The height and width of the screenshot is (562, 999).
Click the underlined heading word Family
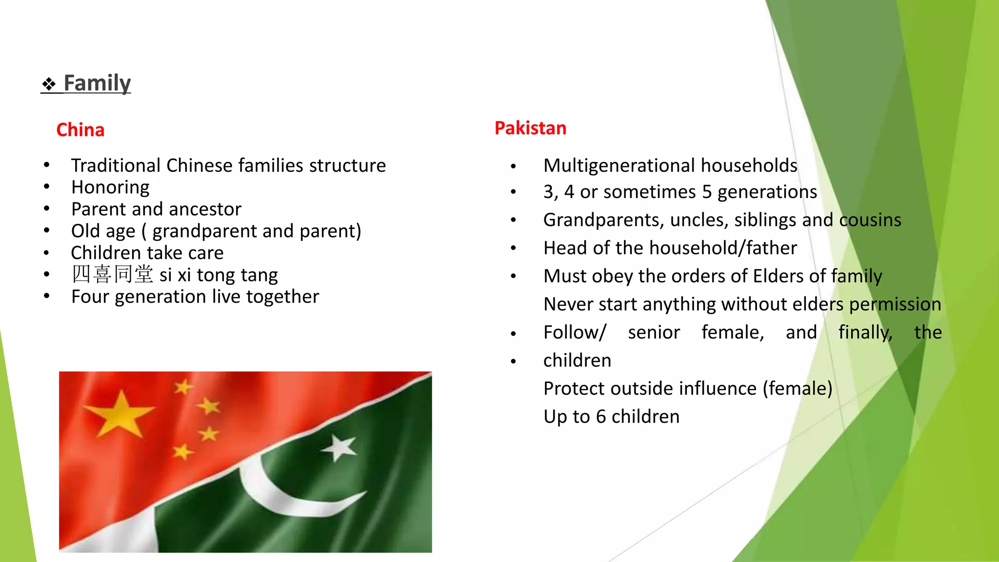[97, 83]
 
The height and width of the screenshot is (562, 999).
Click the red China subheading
[80, 130]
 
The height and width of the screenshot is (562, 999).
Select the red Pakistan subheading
[530, 128]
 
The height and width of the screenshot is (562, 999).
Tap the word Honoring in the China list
[110, 187]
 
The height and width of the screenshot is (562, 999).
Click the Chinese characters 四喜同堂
[112, 274]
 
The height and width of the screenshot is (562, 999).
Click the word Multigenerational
[619, 166]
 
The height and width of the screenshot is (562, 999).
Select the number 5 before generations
[707, 192]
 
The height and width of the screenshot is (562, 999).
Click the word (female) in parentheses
[798, 389]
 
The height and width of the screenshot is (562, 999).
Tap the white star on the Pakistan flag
[339, 447]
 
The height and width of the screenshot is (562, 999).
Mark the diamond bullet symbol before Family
[49, 84]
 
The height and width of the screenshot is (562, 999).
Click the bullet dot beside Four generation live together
[46, 296]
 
